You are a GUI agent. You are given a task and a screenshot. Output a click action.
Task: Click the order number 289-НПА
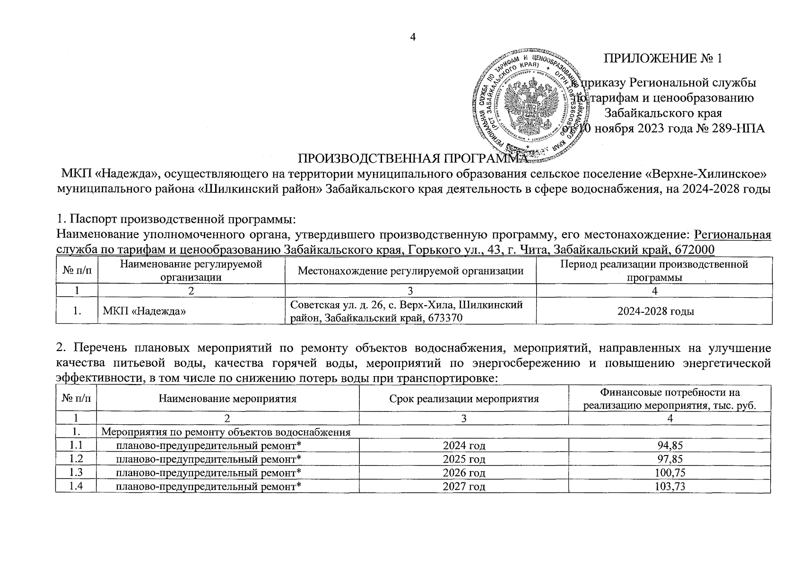739,129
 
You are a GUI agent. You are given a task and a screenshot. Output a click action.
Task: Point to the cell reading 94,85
670,446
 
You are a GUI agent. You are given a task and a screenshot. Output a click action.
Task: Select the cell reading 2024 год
464,446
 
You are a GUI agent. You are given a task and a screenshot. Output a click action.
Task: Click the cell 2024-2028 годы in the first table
654,311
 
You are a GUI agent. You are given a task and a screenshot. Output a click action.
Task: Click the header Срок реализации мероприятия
464,399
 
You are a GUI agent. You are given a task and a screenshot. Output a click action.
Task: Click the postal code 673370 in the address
444,318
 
